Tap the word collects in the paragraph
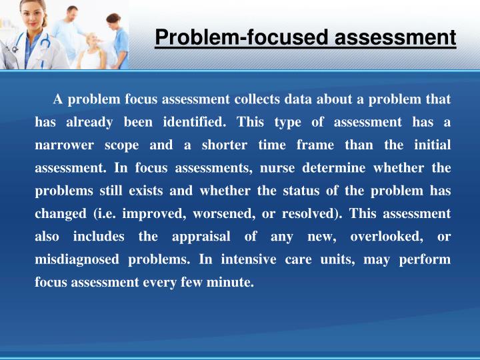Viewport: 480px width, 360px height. [x=255, y=100]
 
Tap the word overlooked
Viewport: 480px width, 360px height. [x=383, y=237]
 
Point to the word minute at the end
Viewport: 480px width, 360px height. [x=234, y=282]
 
